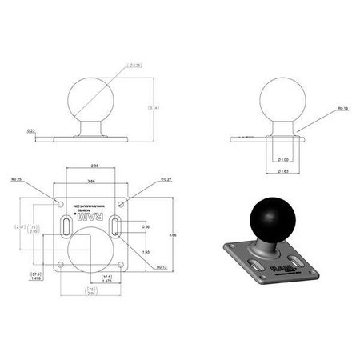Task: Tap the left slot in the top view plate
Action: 62,227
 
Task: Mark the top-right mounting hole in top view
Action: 122,197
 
